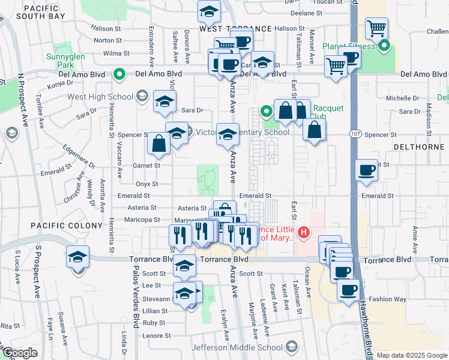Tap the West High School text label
100,97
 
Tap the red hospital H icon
304,232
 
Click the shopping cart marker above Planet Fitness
376,28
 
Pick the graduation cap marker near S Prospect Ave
77,257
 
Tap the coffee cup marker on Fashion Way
348,291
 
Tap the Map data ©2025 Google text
412,355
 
